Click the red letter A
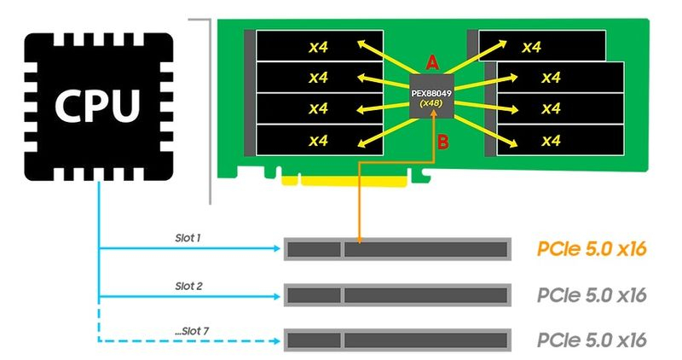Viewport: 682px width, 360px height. pyautogui.click(x=431, y=61)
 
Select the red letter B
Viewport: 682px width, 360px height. pyautogui.click(x=442, y=142)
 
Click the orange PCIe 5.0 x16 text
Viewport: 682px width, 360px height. pyautogui.click(x=592, y=249)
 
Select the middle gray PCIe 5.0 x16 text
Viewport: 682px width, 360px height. pyautogui.click(x=592, y=295)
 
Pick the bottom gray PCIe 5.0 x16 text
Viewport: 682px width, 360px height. pyautogui.click(x=592, y=340)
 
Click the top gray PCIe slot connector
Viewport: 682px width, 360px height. pyautogui.click(x=396, y=249)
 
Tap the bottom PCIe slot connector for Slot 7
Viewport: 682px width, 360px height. pyautogui.click(x=396, y=340)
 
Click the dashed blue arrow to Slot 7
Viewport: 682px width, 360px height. pyautogui.click(x=188, y=342)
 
